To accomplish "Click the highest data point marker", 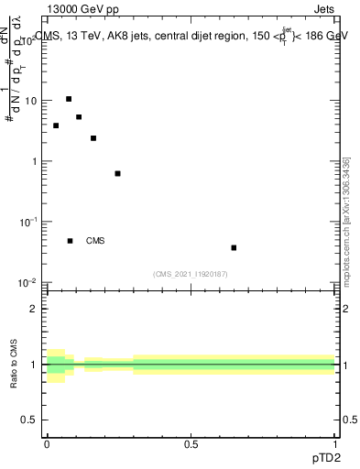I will (x=69, y=99).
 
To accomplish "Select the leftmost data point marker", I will (x=56, y=125).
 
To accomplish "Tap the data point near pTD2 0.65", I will (x=235, y=247).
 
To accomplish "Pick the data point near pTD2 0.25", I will (x=117, y=173).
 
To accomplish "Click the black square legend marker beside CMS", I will (x=70, y=241).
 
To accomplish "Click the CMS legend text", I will (x=95, y=241).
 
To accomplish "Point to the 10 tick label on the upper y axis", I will (x=31, y=101).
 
